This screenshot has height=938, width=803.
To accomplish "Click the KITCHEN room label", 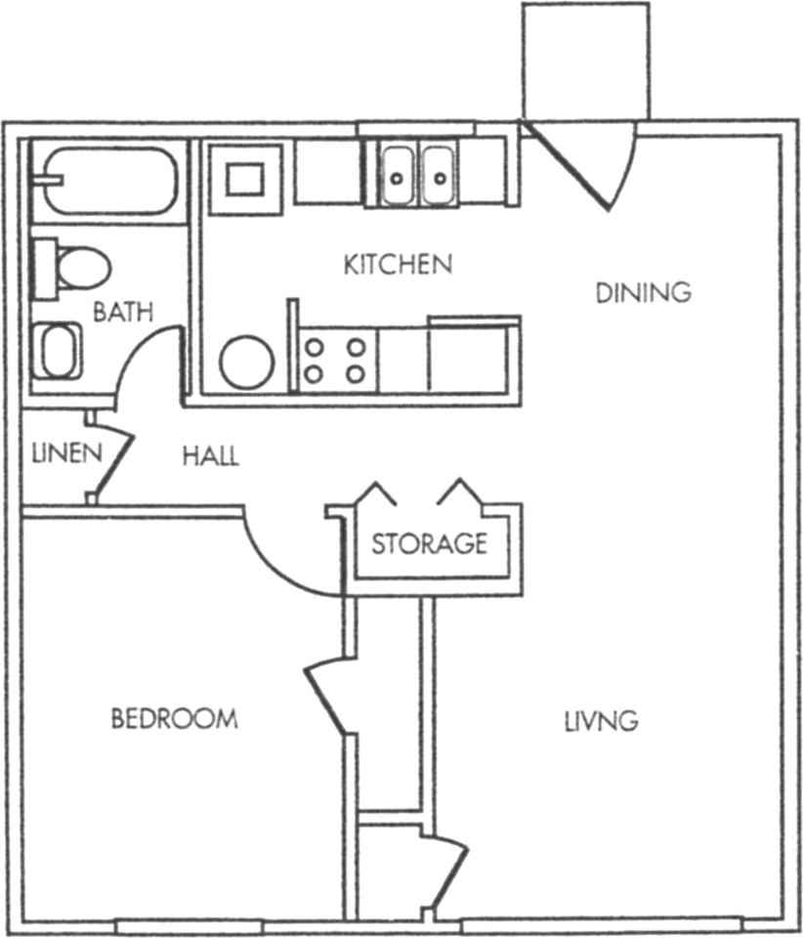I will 398,264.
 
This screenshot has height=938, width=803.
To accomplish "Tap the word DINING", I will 643,292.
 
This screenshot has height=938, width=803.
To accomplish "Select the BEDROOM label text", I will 174,719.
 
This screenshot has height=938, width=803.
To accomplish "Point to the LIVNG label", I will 601,722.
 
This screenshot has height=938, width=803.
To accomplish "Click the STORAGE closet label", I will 429,543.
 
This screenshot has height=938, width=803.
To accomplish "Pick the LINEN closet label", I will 66,453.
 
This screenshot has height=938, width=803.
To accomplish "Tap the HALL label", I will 210,456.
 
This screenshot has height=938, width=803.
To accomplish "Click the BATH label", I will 123,313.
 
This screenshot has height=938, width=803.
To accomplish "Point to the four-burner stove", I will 334,360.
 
